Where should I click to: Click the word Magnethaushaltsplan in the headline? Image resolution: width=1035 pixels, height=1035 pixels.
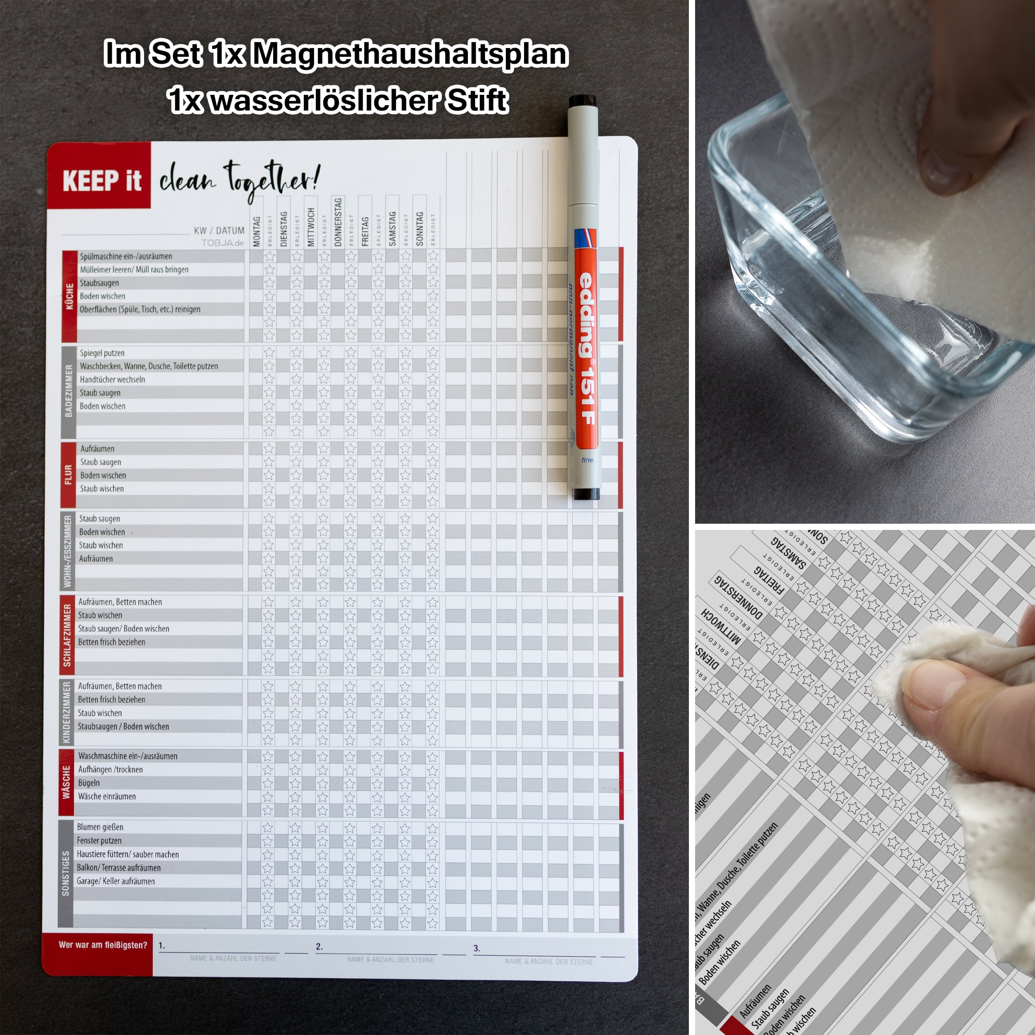409,54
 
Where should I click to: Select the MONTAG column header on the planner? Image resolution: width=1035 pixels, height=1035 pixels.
257,231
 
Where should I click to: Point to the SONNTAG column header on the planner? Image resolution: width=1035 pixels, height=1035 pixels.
419,229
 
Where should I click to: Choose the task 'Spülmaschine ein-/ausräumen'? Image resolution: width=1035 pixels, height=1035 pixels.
126,256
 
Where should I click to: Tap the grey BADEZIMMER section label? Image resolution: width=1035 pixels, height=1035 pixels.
68,391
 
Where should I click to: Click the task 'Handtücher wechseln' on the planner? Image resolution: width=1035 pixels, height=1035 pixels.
112,379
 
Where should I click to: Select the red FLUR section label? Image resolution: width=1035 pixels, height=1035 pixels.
68,474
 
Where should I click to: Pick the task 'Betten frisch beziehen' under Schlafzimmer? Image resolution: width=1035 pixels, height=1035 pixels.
111,642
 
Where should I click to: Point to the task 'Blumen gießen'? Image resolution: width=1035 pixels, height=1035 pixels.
100,827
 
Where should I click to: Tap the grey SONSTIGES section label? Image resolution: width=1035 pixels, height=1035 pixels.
65,873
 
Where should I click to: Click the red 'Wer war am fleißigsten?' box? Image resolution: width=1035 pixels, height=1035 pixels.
102,945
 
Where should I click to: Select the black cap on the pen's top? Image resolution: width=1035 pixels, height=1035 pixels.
582,101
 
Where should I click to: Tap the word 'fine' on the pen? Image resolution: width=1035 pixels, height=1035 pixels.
587,460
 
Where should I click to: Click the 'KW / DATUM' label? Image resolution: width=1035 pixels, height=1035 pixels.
219,230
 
